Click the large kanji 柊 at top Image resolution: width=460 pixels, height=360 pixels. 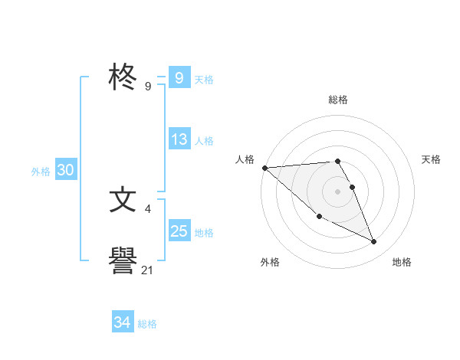(x=123, y=78)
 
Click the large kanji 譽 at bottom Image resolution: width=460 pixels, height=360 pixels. (x=123, y=262)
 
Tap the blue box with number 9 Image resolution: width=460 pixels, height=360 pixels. (x=179, y=78)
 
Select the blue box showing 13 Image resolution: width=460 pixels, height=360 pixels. (x=179, y=139)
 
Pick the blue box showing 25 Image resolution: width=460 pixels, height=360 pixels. (x=179, y=231)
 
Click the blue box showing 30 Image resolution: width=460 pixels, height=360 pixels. (x=65, y=171)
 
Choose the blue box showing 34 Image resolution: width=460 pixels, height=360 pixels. (x=122, y=322)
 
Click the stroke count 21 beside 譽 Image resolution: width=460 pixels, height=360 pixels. (x=148, y=270)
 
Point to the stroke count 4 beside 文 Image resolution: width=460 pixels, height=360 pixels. (x=147, y=208)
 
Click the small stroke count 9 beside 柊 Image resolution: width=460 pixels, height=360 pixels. (x=147, y=87)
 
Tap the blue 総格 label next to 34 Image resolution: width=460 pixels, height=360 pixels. (x=147, y=324)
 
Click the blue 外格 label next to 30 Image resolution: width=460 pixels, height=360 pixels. (x=41, y=172)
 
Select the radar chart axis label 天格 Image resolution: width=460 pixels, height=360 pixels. (x=432, y=159)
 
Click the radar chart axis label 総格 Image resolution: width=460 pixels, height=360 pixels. (x=338, y=100)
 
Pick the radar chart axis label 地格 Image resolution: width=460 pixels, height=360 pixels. (x=402, y=262)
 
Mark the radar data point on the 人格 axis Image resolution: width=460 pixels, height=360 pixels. (x=264, y=167)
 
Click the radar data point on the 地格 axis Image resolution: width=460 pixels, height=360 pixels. (x=374, y=242)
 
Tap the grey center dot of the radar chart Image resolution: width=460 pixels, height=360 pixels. (x=338, y=191)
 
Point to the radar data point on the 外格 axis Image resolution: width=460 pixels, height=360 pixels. (x=319, y=217)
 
